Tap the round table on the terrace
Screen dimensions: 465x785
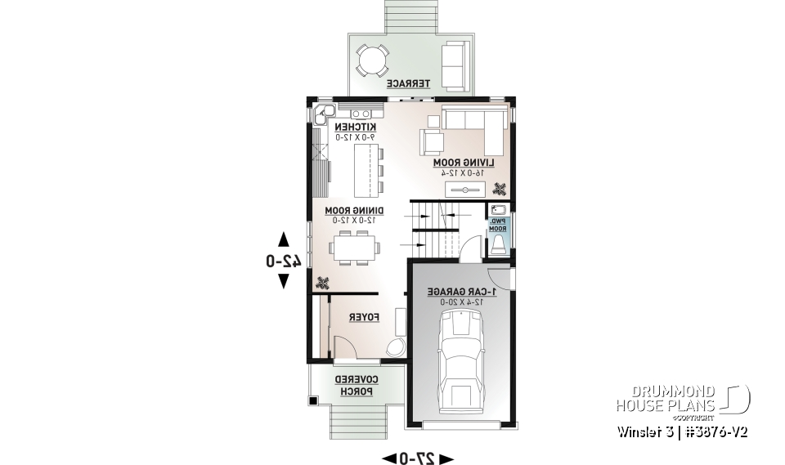[x=373, y=60]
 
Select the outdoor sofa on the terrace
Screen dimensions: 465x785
[x=455, y=65]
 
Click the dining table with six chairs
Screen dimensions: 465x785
[x=354, y=247]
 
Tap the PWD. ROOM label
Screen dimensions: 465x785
[x=498, y=226]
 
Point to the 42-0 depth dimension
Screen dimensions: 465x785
[x=283, y=261]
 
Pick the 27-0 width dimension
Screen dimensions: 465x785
[x=417, y=458]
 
